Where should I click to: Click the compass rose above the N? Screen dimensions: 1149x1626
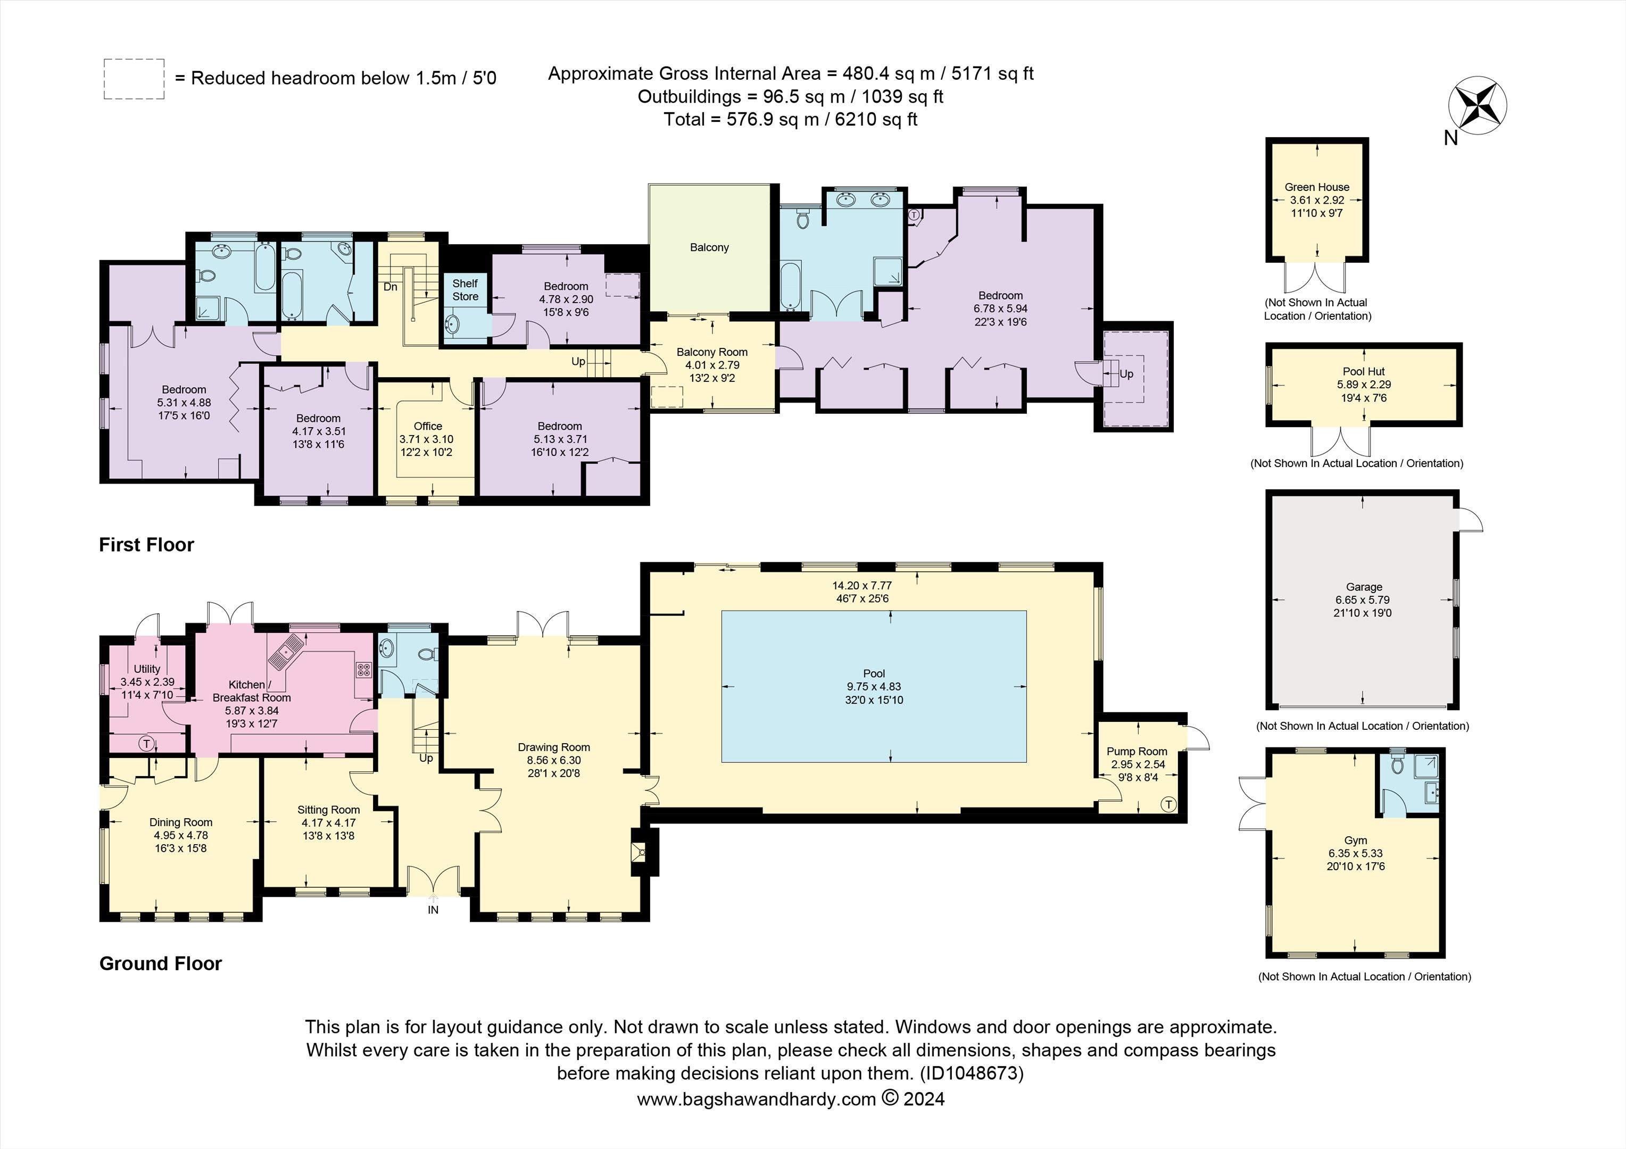(1476, 106)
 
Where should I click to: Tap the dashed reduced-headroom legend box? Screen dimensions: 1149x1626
(134, 79)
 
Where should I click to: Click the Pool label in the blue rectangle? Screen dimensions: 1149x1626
(874, 673)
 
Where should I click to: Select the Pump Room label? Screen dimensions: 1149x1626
(1136, 751)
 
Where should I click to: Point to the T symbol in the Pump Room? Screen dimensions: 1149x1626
(1168, 804)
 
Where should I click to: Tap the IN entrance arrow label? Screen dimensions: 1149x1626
(433, 910)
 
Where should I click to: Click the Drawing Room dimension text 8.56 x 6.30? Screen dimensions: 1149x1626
(553, 760)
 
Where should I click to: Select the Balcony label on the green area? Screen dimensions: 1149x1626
(709, 247)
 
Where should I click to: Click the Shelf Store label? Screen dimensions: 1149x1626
(465, 289)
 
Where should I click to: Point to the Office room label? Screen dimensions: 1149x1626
(428, 426)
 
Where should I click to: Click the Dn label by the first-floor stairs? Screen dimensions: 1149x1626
(390, 287)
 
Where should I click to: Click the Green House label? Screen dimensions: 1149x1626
(1316, 187)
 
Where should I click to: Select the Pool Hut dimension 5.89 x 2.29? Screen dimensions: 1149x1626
(1363, 385)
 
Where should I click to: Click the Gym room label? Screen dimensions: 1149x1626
(1356, 840)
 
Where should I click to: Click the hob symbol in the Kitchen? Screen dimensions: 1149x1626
(363, 670)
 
